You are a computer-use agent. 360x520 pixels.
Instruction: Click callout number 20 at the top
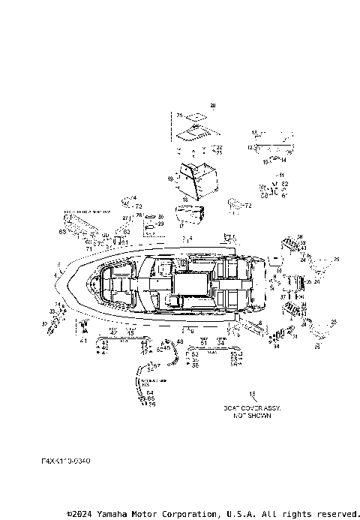coord(211,104)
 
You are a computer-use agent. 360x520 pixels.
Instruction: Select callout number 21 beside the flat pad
coord(180,115)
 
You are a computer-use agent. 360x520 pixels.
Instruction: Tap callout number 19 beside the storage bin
coord(171,180)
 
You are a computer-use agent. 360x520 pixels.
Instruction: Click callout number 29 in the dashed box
coord(160,224)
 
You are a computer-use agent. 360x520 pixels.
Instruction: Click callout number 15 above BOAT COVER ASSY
coord(252,393)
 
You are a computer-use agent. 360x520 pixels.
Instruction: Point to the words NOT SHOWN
coord(251,415)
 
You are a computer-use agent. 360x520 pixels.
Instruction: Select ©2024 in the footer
coord(81,514)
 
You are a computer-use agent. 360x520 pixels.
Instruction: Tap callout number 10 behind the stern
coord(279,271)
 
